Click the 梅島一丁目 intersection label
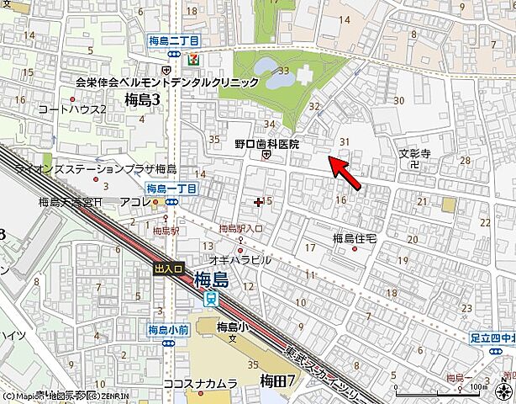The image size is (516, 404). coord(171,188)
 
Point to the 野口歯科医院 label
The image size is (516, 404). coord(266,144)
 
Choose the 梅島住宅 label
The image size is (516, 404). coord(353,238)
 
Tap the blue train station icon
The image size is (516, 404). coord(212,297)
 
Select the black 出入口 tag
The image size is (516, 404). coord(168,268)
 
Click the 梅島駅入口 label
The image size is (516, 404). coord(240,229)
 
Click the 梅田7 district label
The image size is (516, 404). coord(278,380)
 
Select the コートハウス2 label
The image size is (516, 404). coord(72,109)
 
